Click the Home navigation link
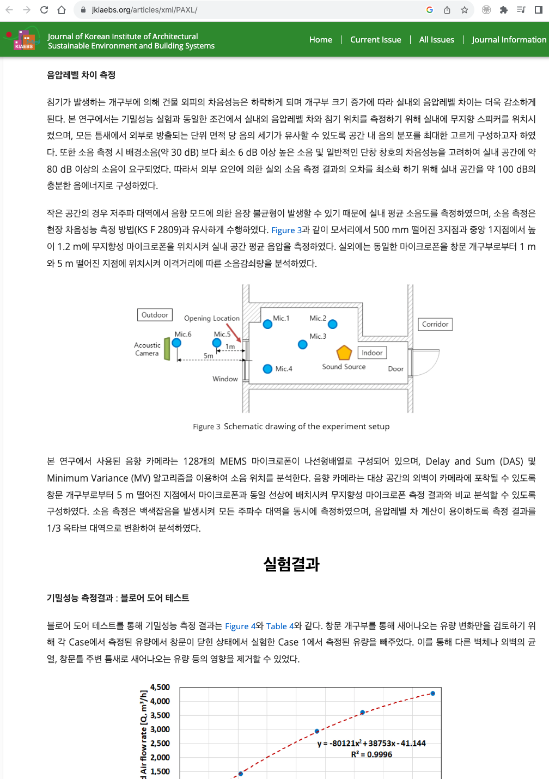click(320, 40)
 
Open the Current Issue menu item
click(375, 40)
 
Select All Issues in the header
click(436, 40)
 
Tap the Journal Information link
click(509, 40)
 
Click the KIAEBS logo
click(23, 40)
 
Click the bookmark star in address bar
click(465, 10)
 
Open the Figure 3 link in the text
click(286, 230)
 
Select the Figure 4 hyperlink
click(240, 626)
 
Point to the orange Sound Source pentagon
click(344, 353)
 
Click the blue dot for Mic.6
click(176, 343)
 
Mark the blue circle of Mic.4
click(267, 369)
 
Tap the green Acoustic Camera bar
click(167, 349)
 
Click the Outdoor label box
click(155, 315)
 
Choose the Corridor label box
click(435, 324)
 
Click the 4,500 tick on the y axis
click(160, 687)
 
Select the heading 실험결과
click(291, 564)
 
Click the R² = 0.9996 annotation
click(371, 754)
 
